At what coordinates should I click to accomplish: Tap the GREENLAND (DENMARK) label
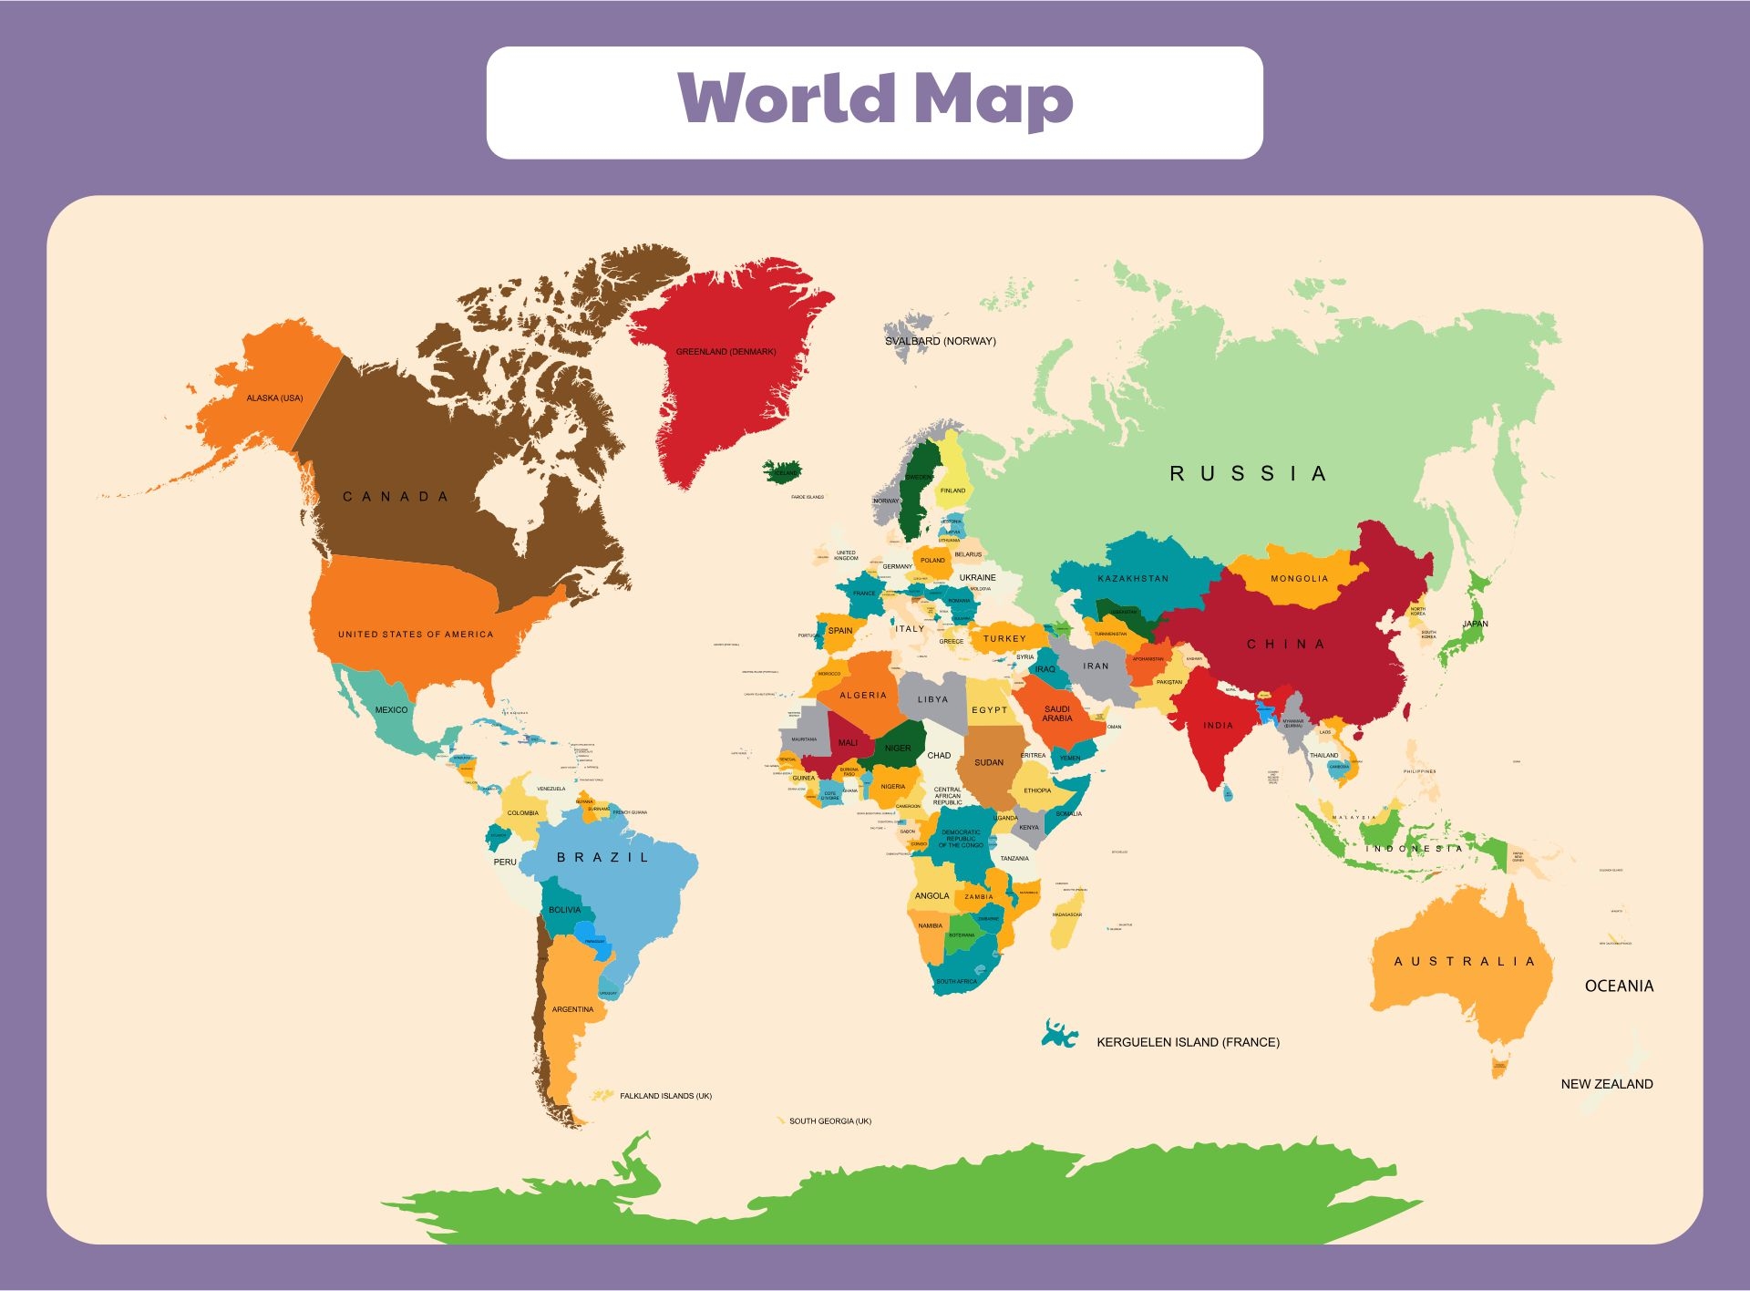[726, 352]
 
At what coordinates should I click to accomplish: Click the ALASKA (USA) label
[274, 398]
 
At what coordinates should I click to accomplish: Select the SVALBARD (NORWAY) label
[940, 342]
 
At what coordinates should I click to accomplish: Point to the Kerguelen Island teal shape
[1058, 1034]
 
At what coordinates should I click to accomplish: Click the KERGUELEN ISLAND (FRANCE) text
[1188, 1042]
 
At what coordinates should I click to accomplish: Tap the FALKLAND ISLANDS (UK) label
[665, 1096]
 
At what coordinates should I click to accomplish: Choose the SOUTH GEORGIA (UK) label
[829, 1121]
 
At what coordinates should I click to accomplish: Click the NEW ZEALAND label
[1606, 1084]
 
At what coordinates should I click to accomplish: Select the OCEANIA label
[1619, 986]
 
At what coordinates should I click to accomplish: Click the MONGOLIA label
[1299, 579]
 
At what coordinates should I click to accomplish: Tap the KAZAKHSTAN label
[1133, 579]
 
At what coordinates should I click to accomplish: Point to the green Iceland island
[782, 471]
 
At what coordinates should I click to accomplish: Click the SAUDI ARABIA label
[1057, 714]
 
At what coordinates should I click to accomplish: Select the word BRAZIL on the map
[602, 858]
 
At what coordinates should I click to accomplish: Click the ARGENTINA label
[572, 1009]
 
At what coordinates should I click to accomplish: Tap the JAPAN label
[1475, 625]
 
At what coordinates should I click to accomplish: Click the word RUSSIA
[1248, 474]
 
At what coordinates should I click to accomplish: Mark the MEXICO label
[391, 710]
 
